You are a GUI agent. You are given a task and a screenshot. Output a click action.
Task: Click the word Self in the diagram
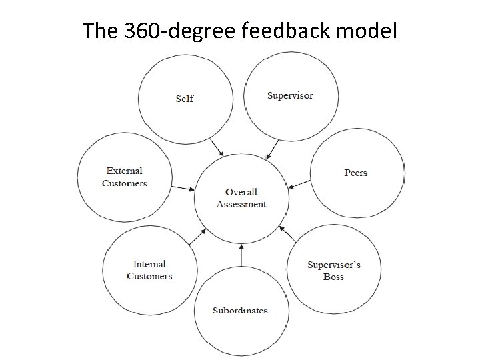(x=185, y=99)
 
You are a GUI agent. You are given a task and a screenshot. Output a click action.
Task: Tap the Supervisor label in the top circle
(x=290, y=95)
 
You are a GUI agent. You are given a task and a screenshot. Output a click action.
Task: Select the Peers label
(x=356, y=173)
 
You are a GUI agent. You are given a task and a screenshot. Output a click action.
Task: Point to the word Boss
(x=333, y=277)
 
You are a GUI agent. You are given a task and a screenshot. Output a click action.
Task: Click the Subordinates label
(x=240, y=310)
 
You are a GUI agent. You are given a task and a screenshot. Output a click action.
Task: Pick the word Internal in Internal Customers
(x=149, y=264)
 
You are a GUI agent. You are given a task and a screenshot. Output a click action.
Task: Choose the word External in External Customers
(x=125, y=171)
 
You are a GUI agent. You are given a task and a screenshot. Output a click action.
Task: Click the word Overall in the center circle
(x=241, y=192)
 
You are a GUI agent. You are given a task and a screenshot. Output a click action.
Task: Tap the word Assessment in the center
(x=241, y=204)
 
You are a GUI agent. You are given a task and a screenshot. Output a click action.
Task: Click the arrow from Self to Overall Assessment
(x=217, y=147)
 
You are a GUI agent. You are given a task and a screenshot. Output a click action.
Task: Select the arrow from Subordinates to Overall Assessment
(x=241, y=255)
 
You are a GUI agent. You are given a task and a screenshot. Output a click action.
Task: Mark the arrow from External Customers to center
(x=182, y=187)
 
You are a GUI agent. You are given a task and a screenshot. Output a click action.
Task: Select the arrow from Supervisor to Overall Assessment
(x=271, y=149)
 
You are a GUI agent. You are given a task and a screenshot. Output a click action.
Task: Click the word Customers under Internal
(x=149, y=276)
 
